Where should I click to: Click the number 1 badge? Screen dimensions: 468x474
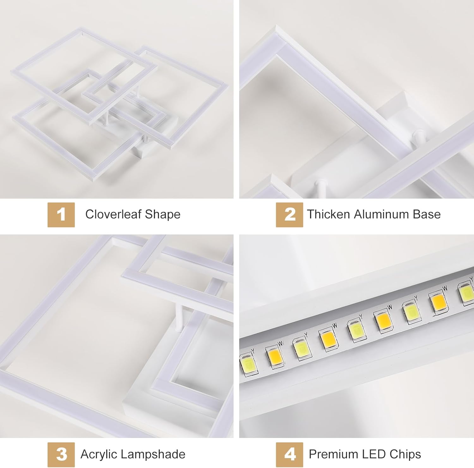[61, 215]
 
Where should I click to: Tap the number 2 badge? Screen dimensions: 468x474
[289, 215]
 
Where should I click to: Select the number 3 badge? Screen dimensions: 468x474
[61, 454]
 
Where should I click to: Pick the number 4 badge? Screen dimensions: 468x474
[289, 454]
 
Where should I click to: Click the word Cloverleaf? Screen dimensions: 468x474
[113, 214]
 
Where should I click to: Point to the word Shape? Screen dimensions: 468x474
[162, 215]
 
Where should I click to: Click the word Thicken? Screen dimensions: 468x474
[328, 214]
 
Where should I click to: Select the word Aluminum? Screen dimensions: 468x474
[377, 214]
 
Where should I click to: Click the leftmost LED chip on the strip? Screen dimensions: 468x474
[249, 363]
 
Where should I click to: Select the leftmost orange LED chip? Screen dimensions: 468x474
[274, 356]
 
